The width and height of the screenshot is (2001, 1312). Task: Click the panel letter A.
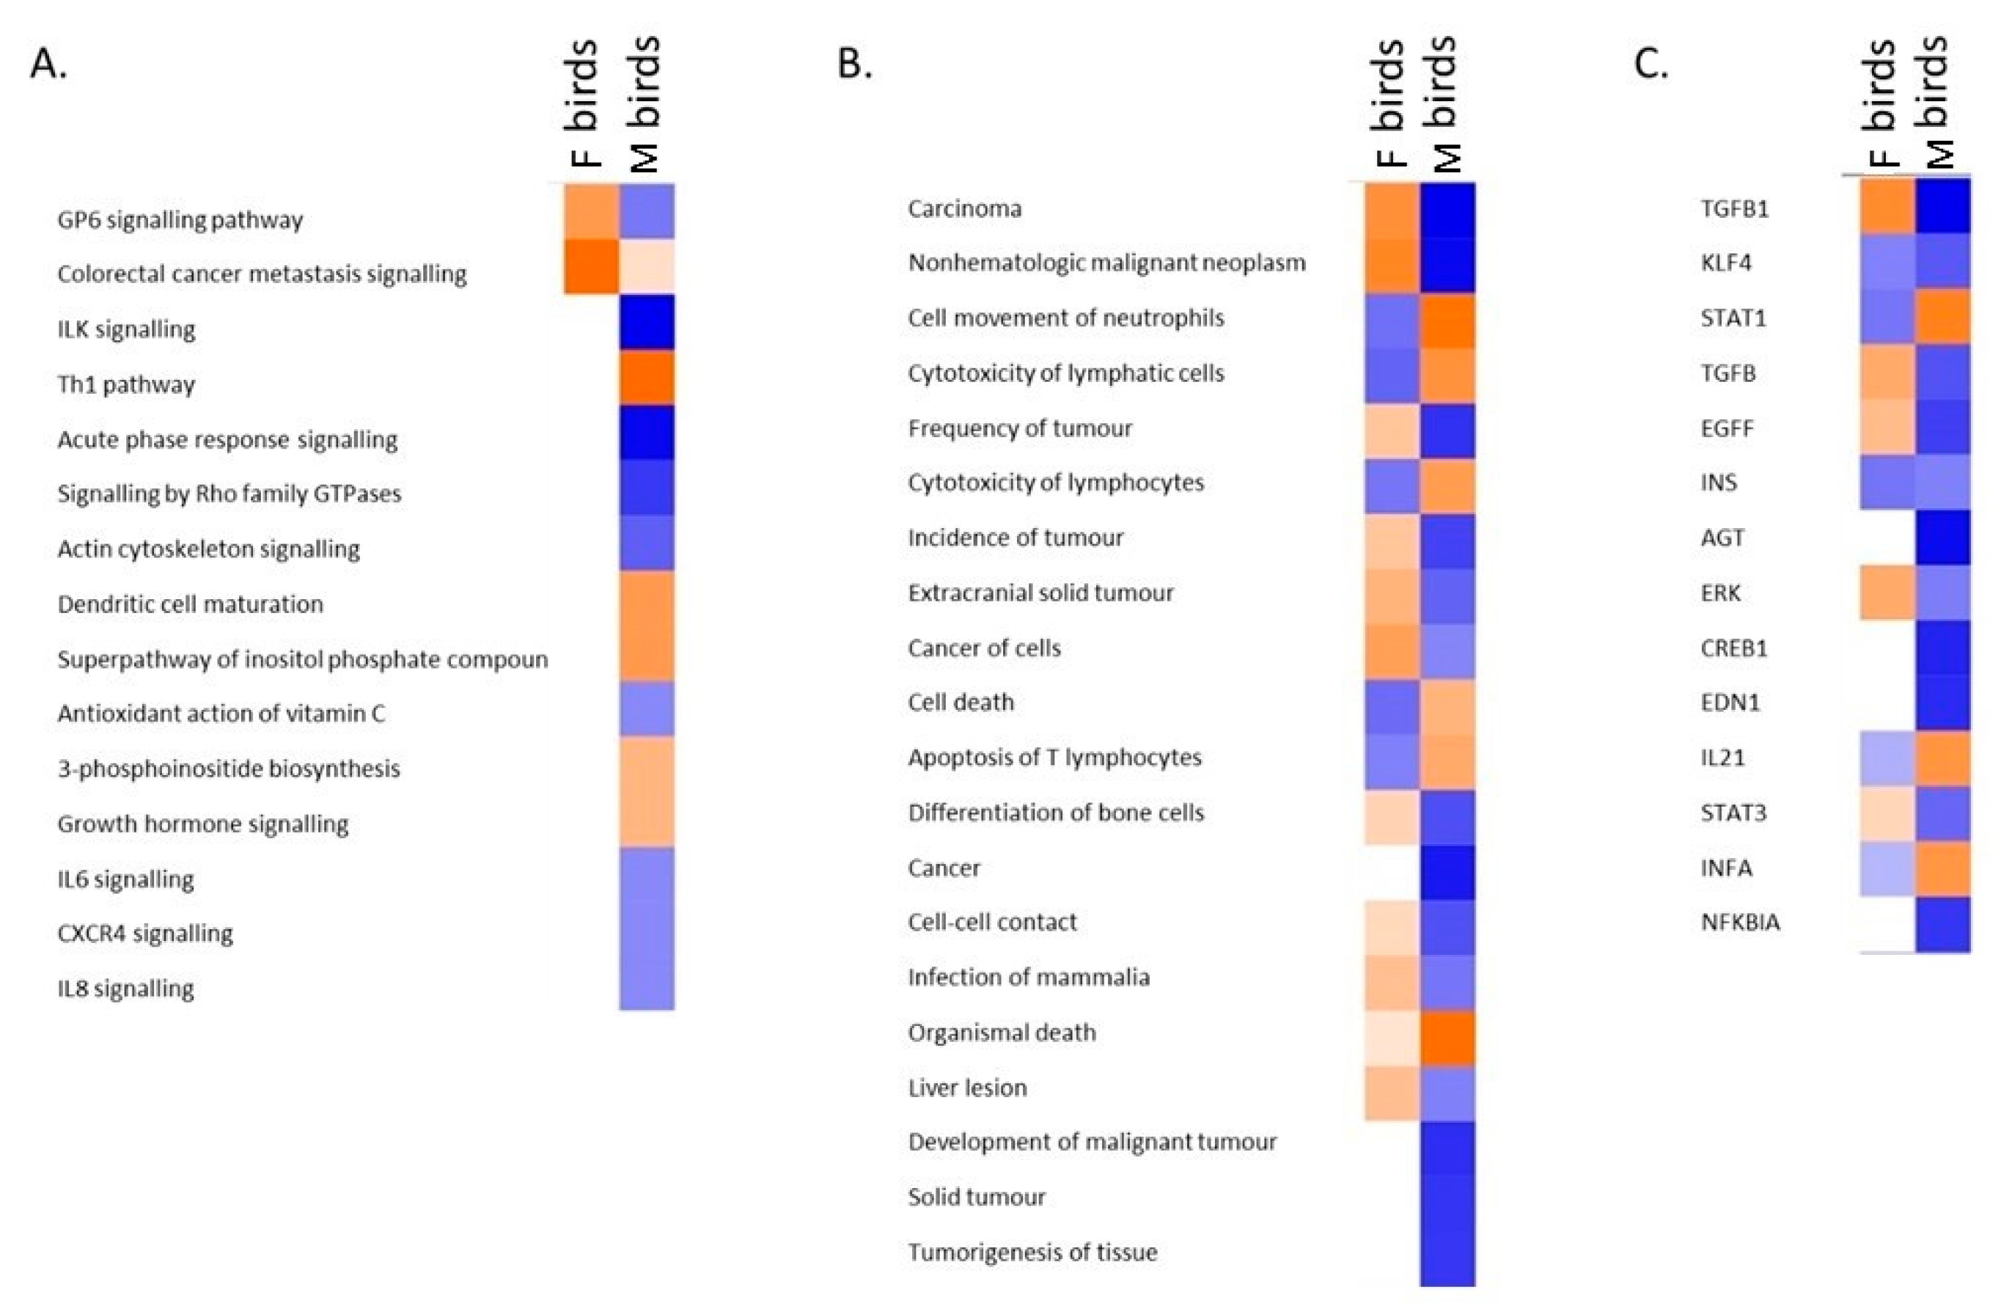tap(48, 63)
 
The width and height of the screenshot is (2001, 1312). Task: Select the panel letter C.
tap(1651, 63)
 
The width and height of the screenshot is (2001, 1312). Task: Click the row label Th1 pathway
tap(126, 384)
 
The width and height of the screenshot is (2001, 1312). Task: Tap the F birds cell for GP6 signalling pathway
tap(591, 212)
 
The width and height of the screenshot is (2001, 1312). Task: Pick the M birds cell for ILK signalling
tap(647, 322)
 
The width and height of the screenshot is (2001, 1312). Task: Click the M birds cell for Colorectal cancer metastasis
tap(647, 268)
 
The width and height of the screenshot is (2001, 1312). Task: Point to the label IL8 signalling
tap(126, 987)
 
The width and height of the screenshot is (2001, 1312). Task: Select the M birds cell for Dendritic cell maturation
tap(647, 599)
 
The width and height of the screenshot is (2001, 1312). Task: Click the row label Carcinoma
tap(964, 208)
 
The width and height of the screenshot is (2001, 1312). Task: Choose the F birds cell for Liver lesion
tap(1392, 1093)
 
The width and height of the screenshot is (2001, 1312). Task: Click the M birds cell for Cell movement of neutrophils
tap(1447, 320)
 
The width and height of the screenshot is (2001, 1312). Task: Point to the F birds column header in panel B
tap(1389, 105)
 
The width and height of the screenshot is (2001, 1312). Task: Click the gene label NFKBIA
tap(1739, 922)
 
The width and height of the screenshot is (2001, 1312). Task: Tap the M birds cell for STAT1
tap(1942, 317)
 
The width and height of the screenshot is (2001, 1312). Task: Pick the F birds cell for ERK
tap(1887, 593)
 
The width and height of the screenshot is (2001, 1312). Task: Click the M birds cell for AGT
tap(1942, 538)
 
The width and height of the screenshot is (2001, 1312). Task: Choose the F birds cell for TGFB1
tap(1887, 206)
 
